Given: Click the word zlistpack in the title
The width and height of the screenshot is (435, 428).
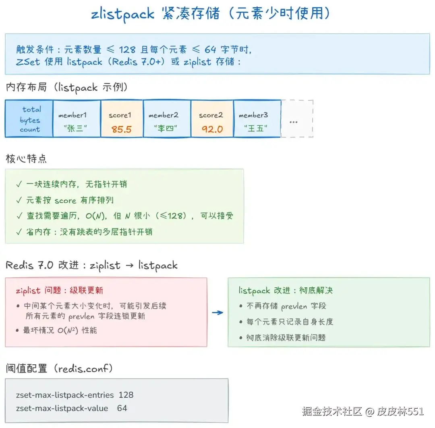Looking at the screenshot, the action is (122, 14).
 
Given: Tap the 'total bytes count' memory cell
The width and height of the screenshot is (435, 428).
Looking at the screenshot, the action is (29, 119).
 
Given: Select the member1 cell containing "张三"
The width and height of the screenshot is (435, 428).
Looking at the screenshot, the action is (77, 119).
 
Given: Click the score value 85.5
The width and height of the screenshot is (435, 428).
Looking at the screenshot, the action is (122, 129).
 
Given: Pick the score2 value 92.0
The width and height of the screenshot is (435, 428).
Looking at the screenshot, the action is (212, 129).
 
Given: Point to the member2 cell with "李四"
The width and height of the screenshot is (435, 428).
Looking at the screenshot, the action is (167, 119).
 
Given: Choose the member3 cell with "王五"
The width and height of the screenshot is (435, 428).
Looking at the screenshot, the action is (257, 119).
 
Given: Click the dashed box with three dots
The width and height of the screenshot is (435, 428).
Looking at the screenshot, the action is (297, 119).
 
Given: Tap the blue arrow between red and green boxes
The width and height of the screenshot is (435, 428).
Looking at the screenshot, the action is (217, 312).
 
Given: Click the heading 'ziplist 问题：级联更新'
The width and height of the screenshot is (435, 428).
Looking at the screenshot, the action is (59, 290).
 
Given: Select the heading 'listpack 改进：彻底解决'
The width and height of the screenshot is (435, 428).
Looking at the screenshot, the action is (286, 290).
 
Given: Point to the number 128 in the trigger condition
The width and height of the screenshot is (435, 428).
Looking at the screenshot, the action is (127, 50).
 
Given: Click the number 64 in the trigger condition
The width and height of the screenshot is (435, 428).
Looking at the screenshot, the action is (210, 50).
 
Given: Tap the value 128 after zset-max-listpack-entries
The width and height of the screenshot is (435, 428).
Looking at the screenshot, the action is (126, 395).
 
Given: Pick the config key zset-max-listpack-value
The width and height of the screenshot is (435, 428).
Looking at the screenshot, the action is (62, 408).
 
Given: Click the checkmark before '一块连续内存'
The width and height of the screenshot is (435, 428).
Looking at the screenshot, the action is (19, 184).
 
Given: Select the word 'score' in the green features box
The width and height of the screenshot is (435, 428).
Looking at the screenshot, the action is (65, 200).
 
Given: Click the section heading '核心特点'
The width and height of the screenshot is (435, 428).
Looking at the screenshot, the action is (26, 158).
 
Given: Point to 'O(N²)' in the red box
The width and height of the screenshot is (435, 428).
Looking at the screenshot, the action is (68, 330).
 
